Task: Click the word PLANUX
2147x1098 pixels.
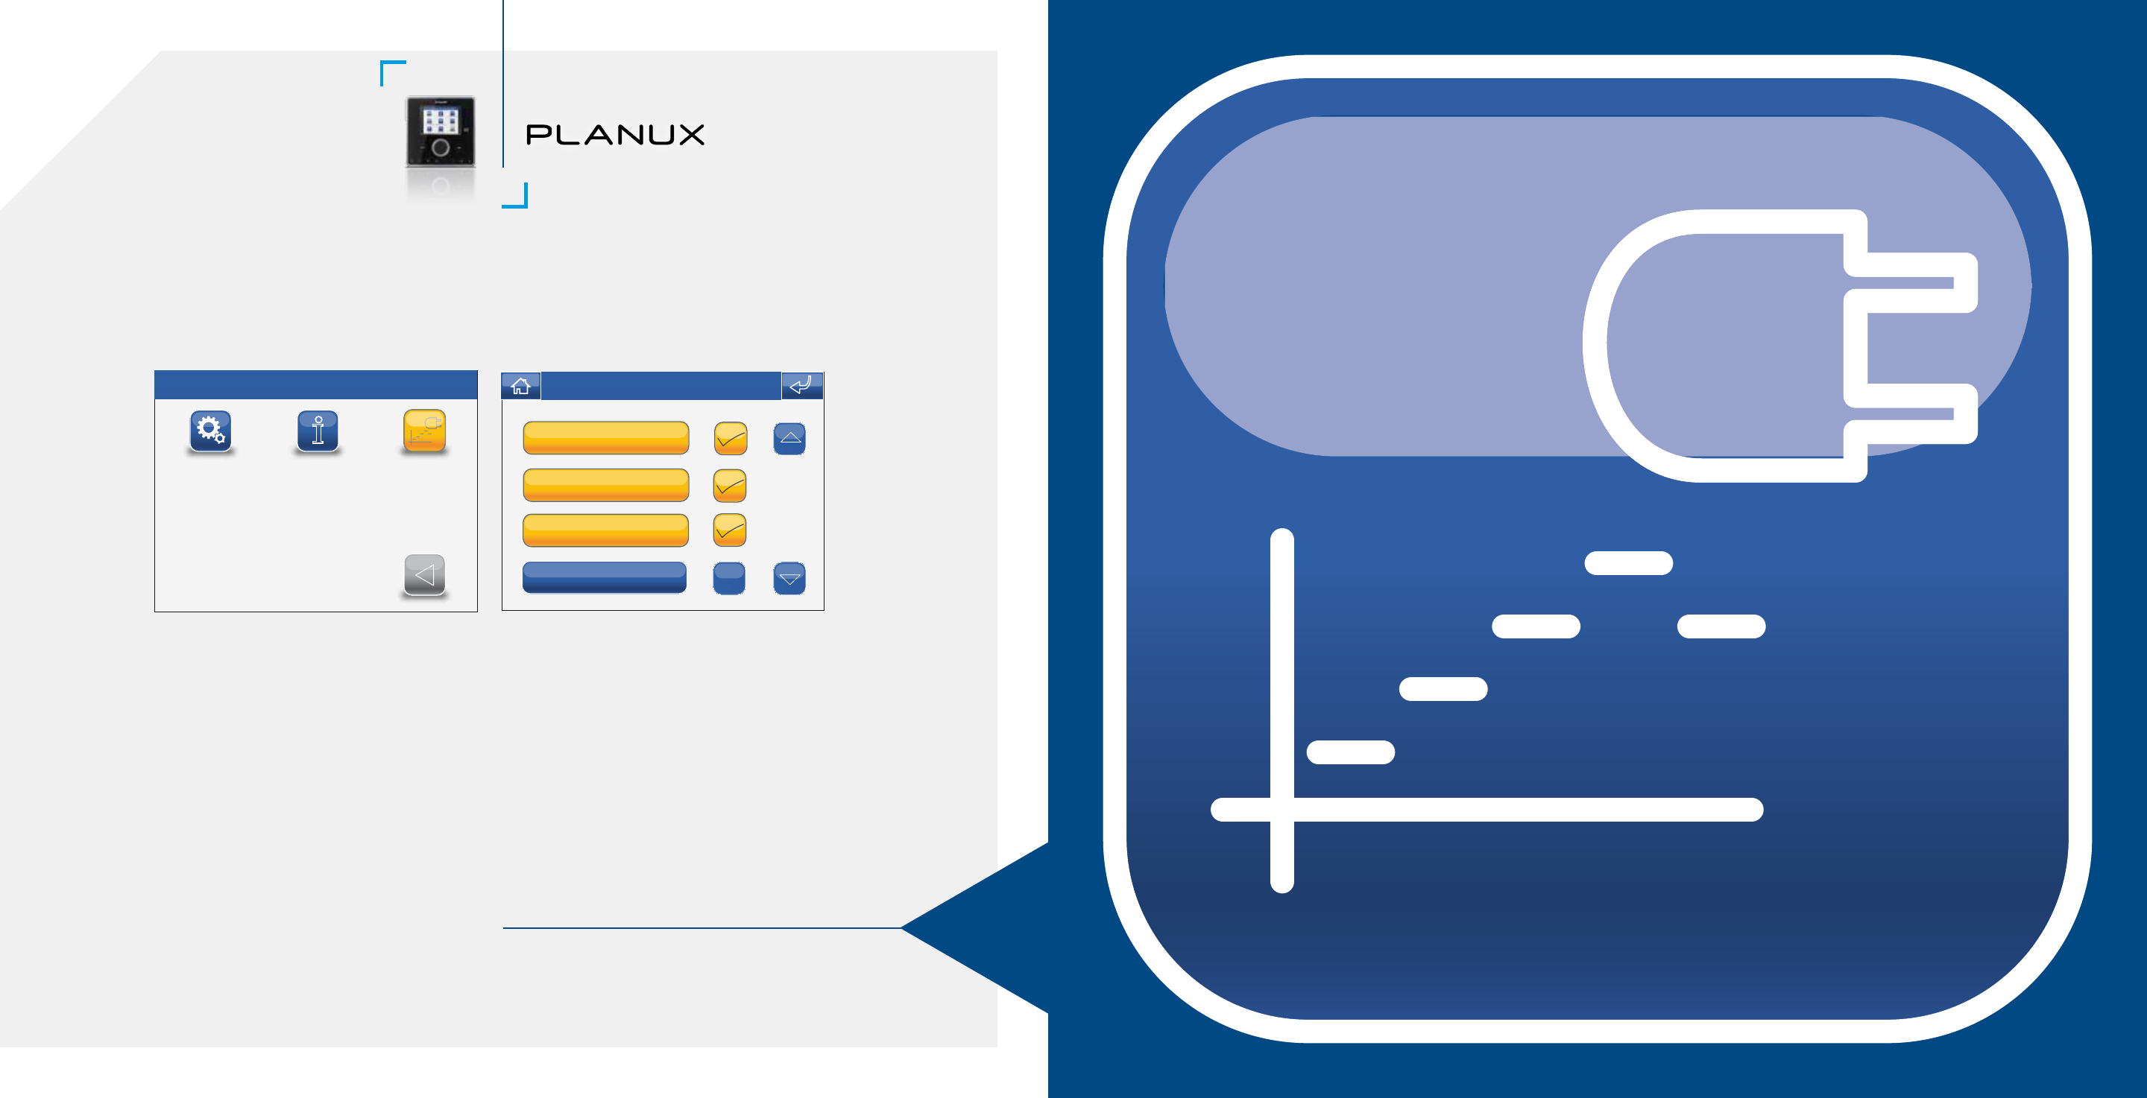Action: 615,135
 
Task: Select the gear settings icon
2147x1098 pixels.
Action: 210,431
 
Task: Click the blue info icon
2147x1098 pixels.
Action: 318,431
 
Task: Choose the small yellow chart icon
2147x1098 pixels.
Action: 424,431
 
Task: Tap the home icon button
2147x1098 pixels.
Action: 521,386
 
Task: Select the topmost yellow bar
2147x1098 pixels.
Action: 606,438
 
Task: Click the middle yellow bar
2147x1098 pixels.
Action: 606,485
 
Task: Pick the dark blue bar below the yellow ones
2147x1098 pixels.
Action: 605,577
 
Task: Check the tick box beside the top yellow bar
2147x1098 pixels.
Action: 730,439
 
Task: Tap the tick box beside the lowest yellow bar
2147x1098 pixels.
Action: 729,530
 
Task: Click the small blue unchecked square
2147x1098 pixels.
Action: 729,578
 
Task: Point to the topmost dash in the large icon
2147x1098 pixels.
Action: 1629,563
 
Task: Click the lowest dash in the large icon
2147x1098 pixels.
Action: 1351,752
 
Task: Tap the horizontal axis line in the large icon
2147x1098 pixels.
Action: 1487,810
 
